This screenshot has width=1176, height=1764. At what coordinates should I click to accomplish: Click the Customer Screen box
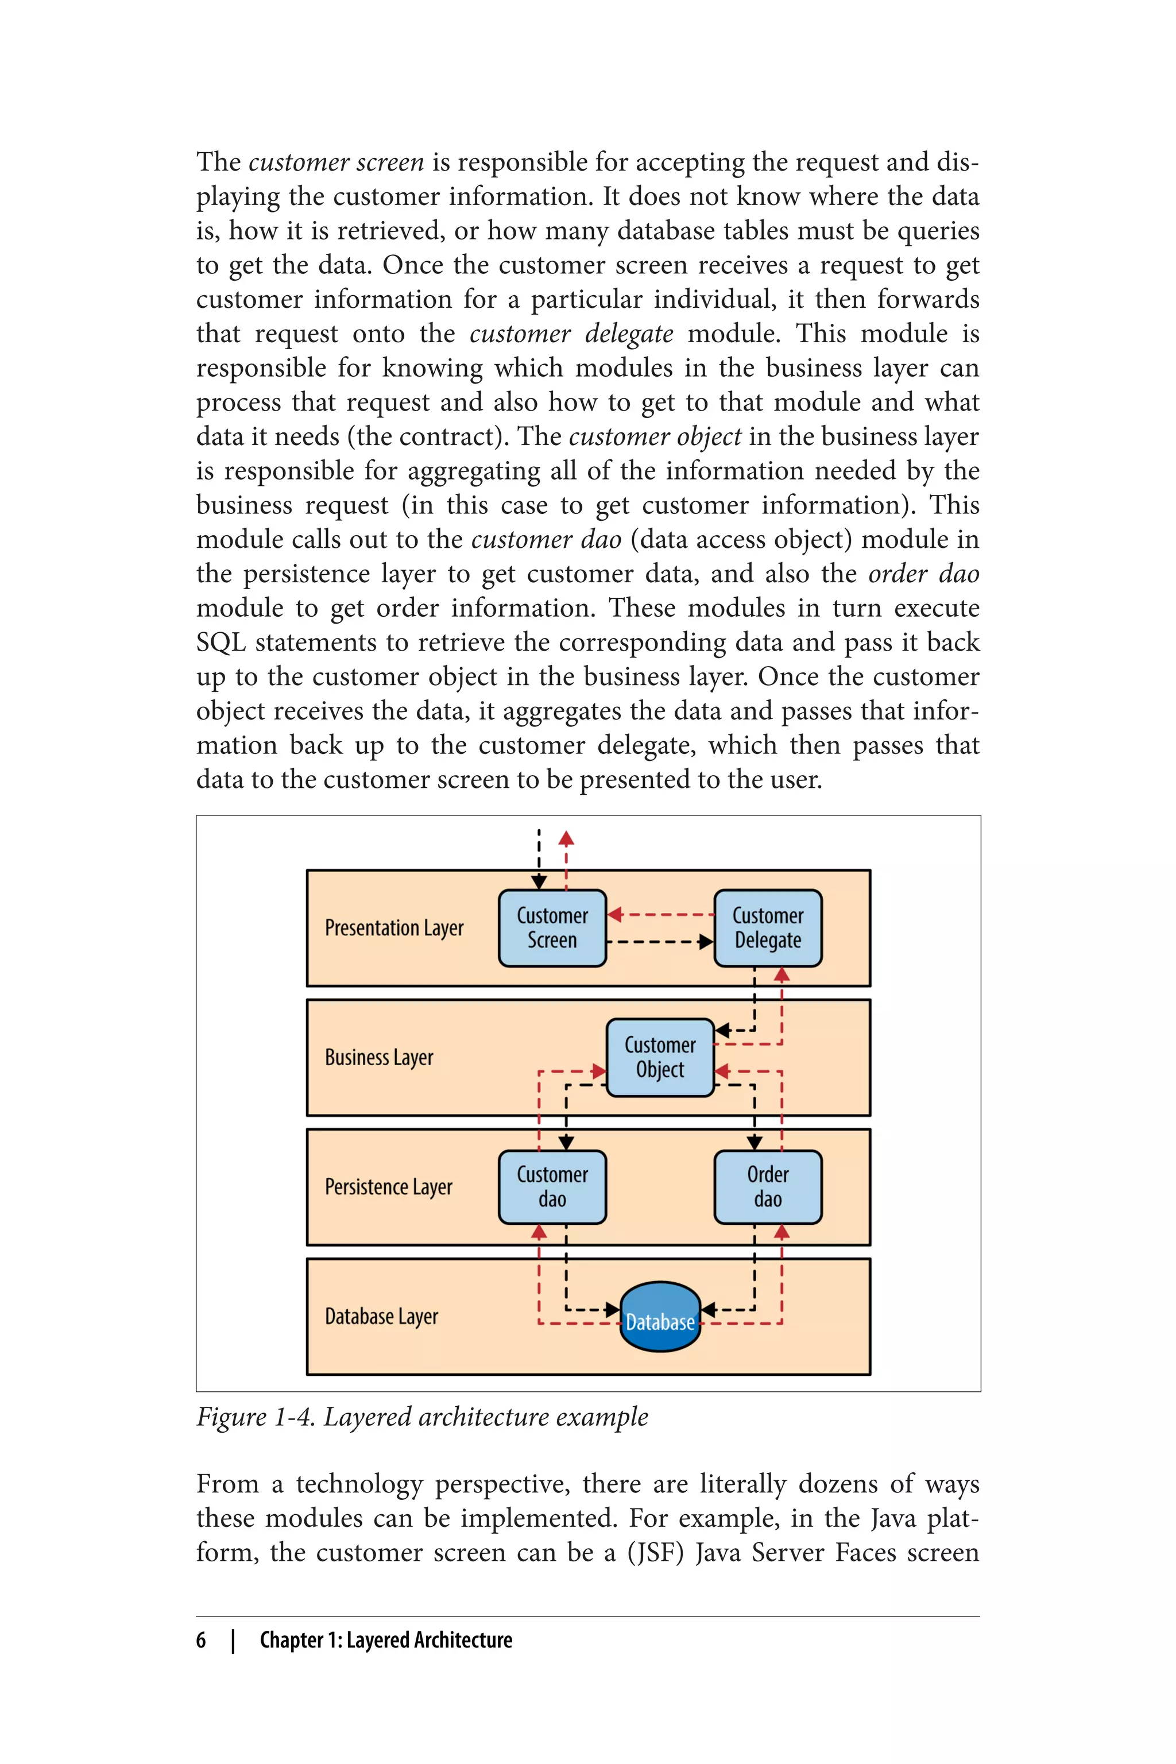coord(552,928)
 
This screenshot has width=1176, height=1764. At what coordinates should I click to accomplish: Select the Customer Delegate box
coord(767,928)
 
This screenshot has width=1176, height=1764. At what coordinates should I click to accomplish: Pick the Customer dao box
coord(552,1186)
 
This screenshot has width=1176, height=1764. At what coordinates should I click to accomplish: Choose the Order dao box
coord(767,1186)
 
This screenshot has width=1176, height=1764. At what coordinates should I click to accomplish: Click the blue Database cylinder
coord(660,1317)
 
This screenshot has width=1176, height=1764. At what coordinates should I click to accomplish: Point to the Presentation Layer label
coord(394,929)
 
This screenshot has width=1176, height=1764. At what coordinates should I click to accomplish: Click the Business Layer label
coord(379,1058)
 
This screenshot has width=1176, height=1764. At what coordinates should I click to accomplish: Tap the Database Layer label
coord(381,1316)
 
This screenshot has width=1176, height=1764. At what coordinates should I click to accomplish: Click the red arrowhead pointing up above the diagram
coord(566,838)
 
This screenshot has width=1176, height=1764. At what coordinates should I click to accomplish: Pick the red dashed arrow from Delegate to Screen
coord(660,914)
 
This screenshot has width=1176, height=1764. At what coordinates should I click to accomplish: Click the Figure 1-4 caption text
coord(421,1417)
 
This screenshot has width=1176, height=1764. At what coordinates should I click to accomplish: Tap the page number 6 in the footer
coord(201,1640)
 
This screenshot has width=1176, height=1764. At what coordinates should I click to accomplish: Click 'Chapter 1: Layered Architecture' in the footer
coord(385,1640)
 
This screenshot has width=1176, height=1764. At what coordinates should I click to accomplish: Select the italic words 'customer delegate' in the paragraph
coord(571,334)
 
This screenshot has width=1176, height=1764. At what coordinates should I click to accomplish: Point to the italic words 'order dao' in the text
coord(923,574)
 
